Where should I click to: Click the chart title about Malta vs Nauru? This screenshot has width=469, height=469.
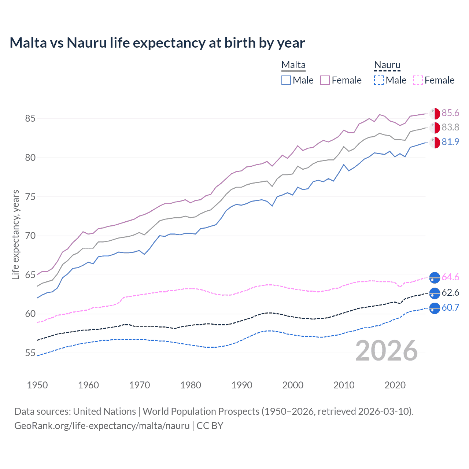pos(157,43)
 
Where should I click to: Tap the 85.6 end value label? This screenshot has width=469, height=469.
pos(450,113)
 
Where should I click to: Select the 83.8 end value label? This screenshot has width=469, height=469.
pos(450,128)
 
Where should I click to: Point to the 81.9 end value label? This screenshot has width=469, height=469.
pos(450,142)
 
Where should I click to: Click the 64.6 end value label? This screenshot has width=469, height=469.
pos(450,277)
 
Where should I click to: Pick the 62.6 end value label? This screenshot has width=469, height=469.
pos(450,293)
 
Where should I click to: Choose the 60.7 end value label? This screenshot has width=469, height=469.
pos(450,308)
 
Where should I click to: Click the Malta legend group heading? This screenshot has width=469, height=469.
pos(293,65)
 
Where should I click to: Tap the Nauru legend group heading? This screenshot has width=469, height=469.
pos(387,65)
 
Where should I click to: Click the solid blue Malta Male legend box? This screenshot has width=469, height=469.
pos(286,80)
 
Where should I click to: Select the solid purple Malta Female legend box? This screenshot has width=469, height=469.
pos(325,80)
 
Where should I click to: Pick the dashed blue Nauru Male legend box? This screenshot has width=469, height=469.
pos(379,80)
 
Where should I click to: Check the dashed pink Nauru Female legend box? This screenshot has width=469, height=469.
pos(418,80)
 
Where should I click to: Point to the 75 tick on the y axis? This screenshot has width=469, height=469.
pos(30,197)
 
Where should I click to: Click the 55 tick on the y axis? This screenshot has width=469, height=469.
pos(30,353)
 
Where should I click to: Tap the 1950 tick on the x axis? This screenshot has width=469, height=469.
pos(37,385)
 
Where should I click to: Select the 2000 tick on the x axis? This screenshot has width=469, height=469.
pos(293,385)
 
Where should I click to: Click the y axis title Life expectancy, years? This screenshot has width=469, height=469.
pos(16,234)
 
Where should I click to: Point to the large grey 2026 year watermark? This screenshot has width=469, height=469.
pos(387,351)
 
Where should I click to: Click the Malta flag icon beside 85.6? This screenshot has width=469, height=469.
pos(435,114)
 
